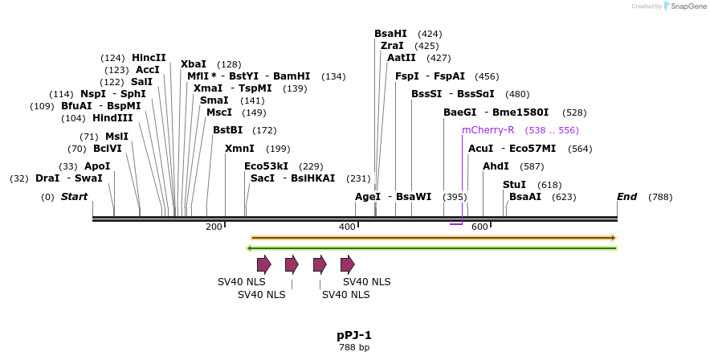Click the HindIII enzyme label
(x=112, y=118)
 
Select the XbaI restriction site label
(x=194, y=64)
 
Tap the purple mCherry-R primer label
(x=488, y=130)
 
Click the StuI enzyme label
(x=514, y=185)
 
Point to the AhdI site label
(x=496, y=166)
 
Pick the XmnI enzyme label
(x=239, y=149)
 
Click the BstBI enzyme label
(x=227, y=130)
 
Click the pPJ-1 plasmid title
(x=354, y=335)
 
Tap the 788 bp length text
(x=354, y=348)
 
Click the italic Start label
(x=74, y=197)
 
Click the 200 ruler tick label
(x=214, y=227)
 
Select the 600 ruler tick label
(x=479, y=227)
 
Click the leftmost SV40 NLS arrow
(x=263, y=264)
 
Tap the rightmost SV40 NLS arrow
(x=347, y=264)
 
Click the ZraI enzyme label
(x=392, y=46)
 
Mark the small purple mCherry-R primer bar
(x=455, y=223)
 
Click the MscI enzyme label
(x=219, y=112)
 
